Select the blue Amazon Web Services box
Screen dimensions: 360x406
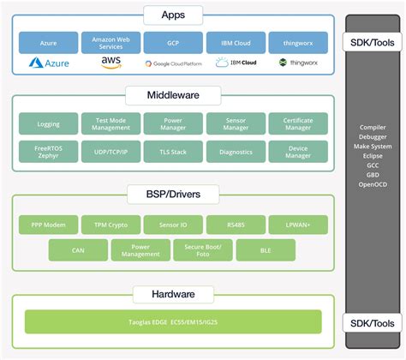tap(110, 42)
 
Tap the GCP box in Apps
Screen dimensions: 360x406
tap(172, 42)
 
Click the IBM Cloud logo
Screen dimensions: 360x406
tap(236, 63)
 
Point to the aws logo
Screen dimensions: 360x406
tap(110, 63)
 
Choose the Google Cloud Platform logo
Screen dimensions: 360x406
tap(172, 63)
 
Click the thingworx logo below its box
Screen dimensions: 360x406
tap(298, 63)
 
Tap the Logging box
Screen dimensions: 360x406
tap(48, 124)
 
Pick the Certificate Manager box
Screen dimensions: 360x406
tap(298, 124)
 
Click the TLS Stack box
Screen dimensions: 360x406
tap(172, 152)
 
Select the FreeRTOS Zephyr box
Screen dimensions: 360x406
tap(48, 152)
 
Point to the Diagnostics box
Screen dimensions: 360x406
tap(236, 152)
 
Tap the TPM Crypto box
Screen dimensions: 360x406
tap(110, 225)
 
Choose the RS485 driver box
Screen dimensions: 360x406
tap(236, 225)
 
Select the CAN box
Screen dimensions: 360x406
tap(78, 249)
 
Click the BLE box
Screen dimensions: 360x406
tap(266, 249)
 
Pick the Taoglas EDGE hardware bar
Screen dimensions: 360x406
tap(172, 321)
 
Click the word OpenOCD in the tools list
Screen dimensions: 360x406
tap(372, 184)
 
